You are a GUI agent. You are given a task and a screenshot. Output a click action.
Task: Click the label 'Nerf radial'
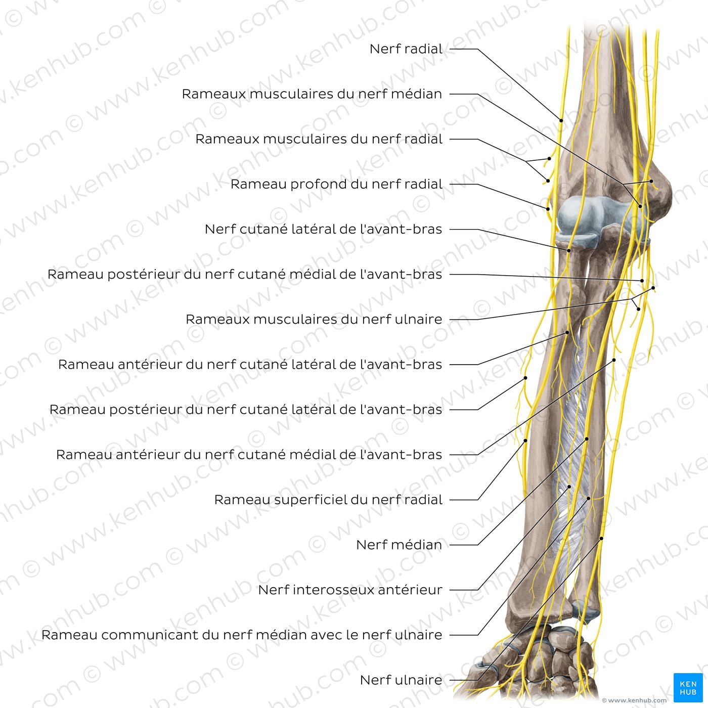406,49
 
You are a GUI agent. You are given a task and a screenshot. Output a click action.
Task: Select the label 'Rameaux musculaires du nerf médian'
312,94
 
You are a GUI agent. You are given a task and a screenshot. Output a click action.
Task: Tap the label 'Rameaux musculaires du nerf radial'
319,139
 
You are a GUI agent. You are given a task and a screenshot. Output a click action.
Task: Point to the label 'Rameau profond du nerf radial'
336,184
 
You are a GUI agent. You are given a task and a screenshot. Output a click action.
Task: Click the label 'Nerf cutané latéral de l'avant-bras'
323,229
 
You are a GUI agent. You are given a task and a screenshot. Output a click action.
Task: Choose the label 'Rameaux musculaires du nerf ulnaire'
314,320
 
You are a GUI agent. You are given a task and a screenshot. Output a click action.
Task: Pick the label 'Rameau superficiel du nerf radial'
328,500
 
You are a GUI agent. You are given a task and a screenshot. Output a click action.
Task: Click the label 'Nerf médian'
399,545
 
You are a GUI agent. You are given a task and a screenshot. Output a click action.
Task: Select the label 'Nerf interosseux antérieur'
350,590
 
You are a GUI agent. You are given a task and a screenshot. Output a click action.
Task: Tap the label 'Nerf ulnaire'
401,680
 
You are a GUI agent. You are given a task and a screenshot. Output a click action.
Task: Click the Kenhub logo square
688,687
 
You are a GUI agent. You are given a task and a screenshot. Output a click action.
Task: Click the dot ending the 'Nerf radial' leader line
561,120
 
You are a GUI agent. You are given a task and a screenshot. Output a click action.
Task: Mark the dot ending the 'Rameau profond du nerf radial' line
548,208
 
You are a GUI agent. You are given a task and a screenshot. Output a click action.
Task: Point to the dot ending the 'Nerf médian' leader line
587,439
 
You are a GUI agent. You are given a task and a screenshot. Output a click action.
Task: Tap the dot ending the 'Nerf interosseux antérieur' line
569,487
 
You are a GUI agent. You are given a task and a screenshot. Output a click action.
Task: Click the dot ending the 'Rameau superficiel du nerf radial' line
525,440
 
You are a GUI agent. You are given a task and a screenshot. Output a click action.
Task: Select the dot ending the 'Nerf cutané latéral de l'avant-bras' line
569,250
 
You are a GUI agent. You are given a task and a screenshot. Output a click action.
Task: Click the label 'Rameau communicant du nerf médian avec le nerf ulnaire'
242,635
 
